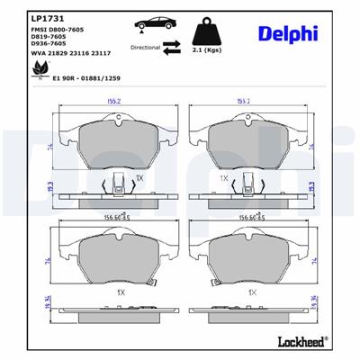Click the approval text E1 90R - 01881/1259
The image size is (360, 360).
pyautogui.click(x=87, y=78)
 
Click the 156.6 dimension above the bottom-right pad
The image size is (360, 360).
pyautogui.click(x=243, y=216)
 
